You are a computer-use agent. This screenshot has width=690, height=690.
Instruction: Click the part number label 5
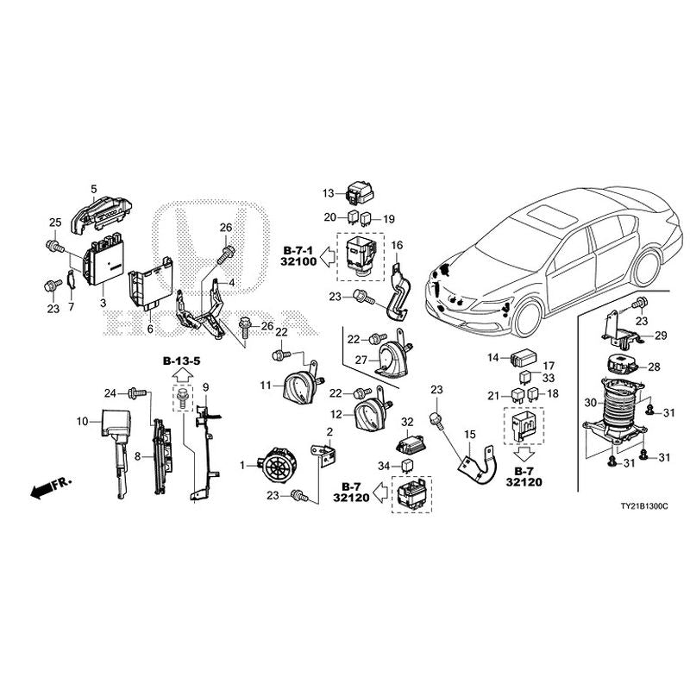tap(94, 187)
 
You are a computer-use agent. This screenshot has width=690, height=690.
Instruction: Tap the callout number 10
tap(83, 422)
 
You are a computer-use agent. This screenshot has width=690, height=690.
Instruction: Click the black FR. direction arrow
tap(41, 489)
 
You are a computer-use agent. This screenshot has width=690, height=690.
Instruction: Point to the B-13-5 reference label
tap(182, 359)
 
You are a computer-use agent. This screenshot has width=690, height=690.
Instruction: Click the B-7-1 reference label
tap(295, 249)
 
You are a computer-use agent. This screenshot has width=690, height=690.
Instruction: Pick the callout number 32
tap(408, 422)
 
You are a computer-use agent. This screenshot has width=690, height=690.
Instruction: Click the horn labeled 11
tap(298, 387)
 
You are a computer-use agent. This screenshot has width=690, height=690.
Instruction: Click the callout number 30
tap(589, 402)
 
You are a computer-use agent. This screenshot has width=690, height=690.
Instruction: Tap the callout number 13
tap(328, 192)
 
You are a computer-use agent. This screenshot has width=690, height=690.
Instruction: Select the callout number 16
tap(398, 247)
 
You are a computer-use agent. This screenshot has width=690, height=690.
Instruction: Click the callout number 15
tap(470, 434)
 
